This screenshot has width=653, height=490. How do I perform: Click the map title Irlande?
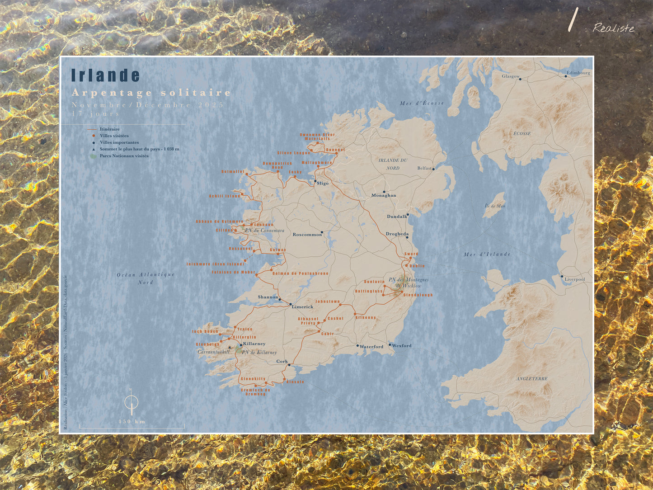click(x=106, y=75)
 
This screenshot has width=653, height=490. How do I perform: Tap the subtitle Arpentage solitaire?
click(x=151, y=93)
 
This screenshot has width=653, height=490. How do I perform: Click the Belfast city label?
click(x=424, y=168)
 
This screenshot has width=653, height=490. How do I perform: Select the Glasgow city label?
click(x=510, y=76)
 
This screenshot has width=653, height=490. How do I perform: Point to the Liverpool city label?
click(x=574, y=279)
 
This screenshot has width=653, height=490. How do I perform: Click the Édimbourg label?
click(x=578, y=73)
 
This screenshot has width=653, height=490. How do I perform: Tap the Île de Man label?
click(x=495, y=206)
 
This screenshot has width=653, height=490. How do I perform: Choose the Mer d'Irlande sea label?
click(x=487, y=254)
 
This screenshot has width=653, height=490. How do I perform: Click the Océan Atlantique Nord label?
click(x=146, y=278)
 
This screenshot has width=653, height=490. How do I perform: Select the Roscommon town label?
click(x=307, y=235)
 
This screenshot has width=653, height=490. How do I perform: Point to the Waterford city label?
click(x=371, y=347)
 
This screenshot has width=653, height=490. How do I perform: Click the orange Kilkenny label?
click(x=366, y=318)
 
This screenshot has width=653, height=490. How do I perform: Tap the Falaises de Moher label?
click(x=233, y=272)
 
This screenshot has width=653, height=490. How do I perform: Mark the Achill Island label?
click(x=224, y=196)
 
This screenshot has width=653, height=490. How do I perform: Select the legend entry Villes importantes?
click(x=119, y=142)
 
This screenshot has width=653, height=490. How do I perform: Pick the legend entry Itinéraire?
click(x=109, y=129)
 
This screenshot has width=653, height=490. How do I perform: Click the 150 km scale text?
click(x=132, y=421)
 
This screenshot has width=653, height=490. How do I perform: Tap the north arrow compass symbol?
click(x=131, y=401)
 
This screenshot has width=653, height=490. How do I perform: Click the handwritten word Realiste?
click(x=613, y=28)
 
